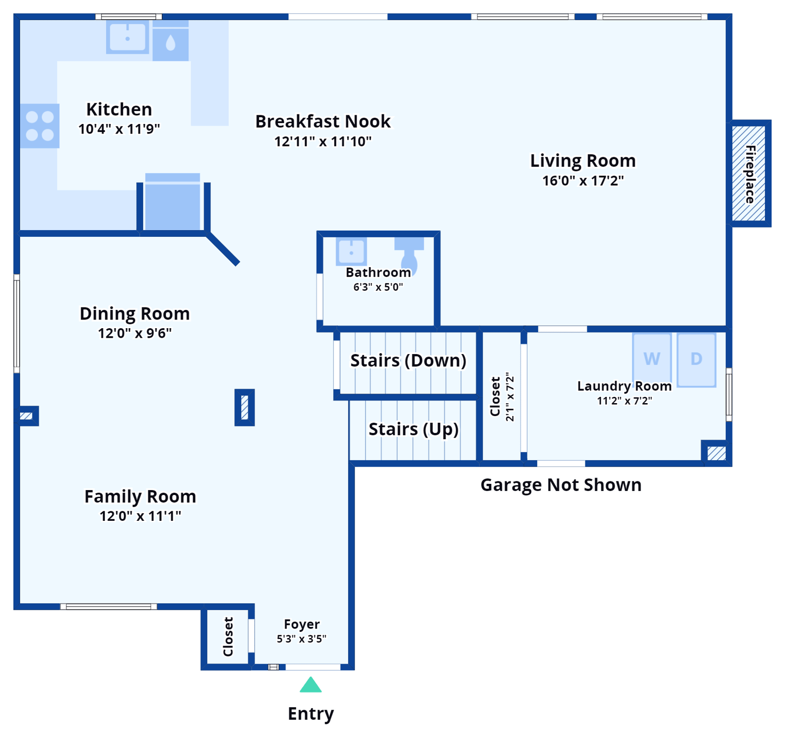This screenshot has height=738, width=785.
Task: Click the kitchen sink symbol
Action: click(127, 37)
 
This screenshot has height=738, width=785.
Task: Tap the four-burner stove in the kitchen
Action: click(40, 125)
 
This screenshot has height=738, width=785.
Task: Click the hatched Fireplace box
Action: click(748, 173)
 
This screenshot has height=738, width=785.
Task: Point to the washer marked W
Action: click(651, 358)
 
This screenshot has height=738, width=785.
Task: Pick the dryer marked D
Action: click(696, 359)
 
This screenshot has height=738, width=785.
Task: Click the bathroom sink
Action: click(351, 251)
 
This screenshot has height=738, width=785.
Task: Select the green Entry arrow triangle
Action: click(310, 685)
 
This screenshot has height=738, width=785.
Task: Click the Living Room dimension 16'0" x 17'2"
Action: click(583, 181)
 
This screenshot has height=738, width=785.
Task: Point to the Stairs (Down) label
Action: click(408, 360)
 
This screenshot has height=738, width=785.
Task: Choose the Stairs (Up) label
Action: click(413, 429)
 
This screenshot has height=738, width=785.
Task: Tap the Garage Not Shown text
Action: click(561, 485)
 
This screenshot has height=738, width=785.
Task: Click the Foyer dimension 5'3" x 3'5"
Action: click(301, 639)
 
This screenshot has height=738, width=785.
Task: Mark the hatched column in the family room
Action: click(245, 407)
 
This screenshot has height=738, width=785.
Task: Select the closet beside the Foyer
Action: click(228, 637)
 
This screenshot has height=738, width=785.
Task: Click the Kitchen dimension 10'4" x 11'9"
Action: click(119, 129)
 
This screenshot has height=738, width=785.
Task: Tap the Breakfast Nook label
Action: click(322, 122)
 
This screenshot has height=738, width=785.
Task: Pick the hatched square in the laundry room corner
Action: click(716, 453)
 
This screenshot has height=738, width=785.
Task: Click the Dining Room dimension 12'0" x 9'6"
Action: click(135, 333)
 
